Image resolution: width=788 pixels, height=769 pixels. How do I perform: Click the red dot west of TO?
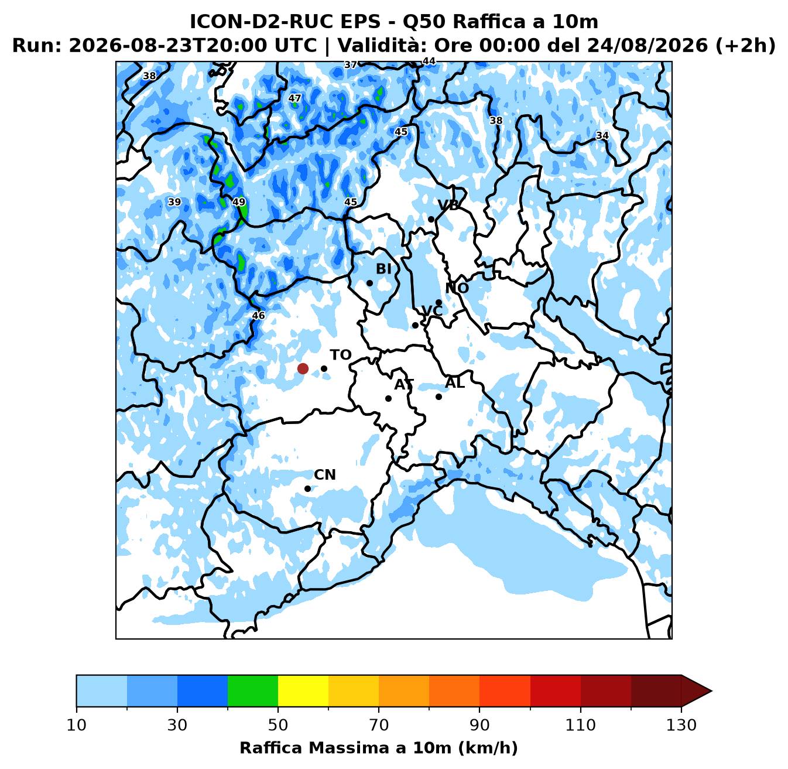303,368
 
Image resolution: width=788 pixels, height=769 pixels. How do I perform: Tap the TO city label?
341,355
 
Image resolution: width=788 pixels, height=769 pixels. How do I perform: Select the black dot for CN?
307,488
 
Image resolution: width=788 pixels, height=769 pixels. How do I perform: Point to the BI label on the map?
383,269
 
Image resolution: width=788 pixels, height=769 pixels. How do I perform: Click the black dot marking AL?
438,397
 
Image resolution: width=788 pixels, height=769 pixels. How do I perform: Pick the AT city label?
404,384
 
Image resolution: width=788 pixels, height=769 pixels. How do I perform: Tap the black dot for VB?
431,219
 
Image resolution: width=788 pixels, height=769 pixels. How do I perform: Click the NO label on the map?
457,288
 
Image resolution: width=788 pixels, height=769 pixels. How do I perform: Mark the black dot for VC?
415,326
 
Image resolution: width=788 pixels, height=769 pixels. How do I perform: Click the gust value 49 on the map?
239,202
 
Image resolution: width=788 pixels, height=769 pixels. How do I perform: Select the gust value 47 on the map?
295,98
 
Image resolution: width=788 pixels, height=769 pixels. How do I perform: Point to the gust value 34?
602,135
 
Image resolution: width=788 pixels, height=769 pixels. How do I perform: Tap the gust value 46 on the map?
258,315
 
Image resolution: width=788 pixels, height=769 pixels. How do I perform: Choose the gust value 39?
174,202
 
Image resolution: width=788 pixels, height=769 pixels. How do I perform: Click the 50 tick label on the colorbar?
278,725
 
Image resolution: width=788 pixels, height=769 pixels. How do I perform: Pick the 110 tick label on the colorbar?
581,725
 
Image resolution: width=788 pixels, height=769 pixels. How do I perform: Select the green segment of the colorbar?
253,691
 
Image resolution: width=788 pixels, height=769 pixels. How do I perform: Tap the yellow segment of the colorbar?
303,691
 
